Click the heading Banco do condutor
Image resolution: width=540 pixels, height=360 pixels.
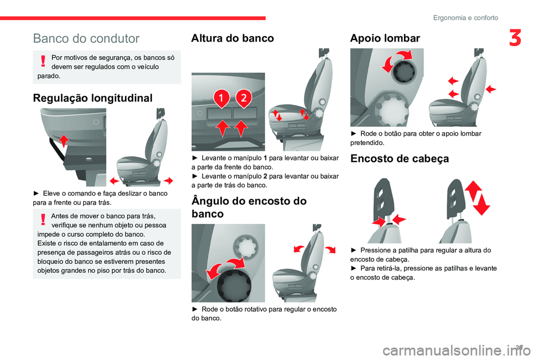pos(86,39)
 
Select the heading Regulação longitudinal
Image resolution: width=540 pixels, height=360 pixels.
pos(93,98)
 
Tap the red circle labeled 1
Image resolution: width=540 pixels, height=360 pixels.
pos(222,98)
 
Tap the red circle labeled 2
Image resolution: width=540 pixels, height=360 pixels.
pos(243,98)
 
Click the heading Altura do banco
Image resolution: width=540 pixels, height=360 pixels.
pos(232,38)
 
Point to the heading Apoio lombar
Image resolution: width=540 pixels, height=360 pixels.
pos(385,38)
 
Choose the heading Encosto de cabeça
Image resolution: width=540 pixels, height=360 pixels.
pos(399,159)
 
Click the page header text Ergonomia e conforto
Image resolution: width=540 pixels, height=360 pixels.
pos(465,17)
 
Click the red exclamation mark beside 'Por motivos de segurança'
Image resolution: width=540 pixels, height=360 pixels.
pos(43,62)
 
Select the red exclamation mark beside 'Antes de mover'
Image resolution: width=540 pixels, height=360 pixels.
pos(43,220)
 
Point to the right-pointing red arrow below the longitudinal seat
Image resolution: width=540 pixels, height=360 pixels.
pos(167,180)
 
